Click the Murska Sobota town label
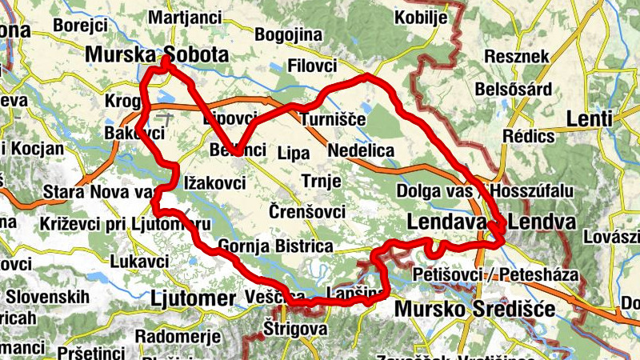point(156,54)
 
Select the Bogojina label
point(288,35)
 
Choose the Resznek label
point(517,57)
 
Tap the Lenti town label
point(589,119)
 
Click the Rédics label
point(530,136)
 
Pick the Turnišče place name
point(333,120)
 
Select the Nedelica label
point(361,150)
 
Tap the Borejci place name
point(80,25)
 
